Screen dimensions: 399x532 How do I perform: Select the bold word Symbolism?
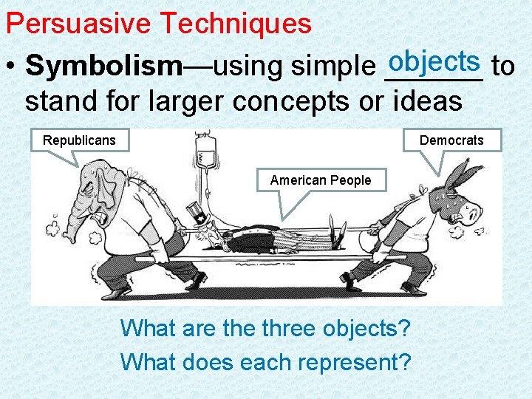tap(103, 66)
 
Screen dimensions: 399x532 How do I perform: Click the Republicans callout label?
tap(79, 140)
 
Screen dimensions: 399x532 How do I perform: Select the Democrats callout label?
tap(451, 140)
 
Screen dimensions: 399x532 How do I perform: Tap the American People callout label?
tap(321, 180)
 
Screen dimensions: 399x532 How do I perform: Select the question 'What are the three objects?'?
tap(265, 327)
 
